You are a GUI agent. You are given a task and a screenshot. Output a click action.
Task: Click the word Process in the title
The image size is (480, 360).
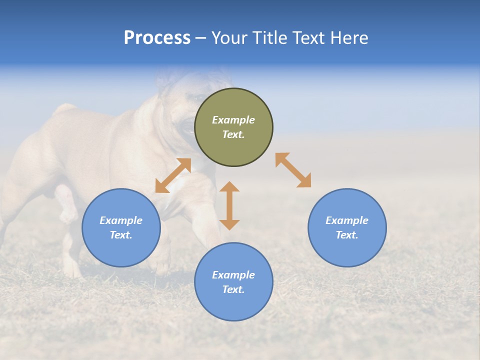pyautogui.click(x=157, y=38)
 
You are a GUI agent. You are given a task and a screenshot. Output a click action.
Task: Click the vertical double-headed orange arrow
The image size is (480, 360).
pyautogui.click(x=229, y=205)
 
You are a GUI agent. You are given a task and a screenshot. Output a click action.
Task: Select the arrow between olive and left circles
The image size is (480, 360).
pyautogui.click(x=173, y=175)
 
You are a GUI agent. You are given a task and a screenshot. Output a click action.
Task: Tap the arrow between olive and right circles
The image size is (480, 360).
pyautogui.click(x=293, y=170)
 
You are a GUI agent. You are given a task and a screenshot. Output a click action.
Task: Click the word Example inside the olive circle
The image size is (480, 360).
pyautogui.click(x=233, y=120)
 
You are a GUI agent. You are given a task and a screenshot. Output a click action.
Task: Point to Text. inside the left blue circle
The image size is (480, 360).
pyautogui.click(x=121, y=235)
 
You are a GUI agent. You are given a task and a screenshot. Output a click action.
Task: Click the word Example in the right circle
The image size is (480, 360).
pyautogui.click(x=347, y=220)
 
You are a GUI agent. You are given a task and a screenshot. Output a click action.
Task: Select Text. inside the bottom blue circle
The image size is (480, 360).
pyautogui.click(x=233, y=289)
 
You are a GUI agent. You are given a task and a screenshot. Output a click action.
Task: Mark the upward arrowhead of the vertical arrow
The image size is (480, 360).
pyautogui.click(x=229, y=187)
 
